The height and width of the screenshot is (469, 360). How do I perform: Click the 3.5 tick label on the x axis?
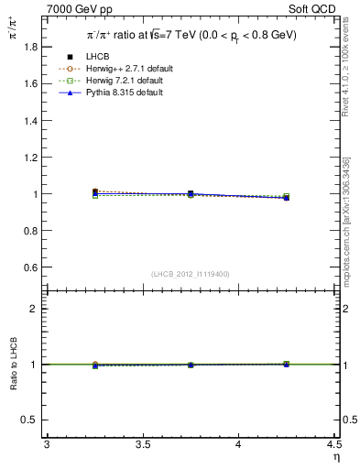point(142,444)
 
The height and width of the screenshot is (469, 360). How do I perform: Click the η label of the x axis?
point(335,456)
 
